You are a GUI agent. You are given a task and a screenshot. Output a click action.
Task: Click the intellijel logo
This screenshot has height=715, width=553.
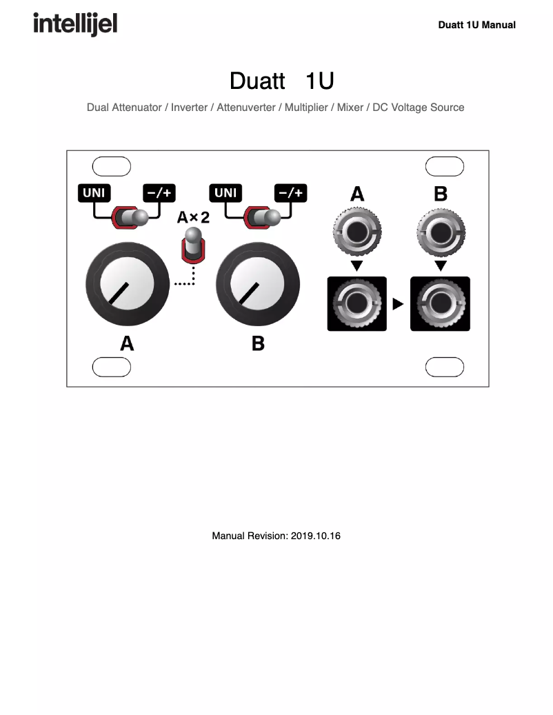point(75,25)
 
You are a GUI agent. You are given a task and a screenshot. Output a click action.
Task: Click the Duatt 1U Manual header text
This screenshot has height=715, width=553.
point(476,25)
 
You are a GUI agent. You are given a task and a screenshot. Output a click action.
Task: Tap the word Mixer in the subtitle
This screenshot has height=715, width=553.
point(350,108)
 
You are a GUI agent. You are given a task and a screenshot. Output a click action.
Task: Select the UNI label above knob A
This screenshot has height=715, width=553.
point(94,193)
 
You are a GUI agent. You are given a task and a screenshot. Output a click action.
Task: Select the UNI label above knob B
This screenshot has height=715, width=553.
point(225,193)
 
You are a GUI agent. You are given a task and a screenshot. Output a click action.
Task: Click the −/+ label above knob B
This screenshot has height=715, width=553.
point(290,193)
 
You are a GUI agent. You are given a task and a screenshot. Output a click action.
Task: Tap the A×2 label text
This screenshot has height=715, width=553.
point(193,218)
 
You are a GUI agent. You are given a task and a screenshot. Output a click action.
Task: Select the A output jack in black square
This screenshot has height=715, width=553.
point(356,303)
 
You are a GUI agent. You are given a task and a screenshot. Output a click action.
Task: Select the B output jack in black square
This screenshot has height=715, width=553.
point(441,303)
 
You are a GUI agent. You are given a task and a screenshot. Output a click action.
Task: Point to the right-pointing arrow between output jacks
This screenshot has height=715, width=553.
point(398,304)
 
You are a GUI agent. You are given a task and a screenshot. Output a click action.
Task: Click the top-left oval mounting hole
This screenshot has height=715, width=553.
point(112,166)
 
